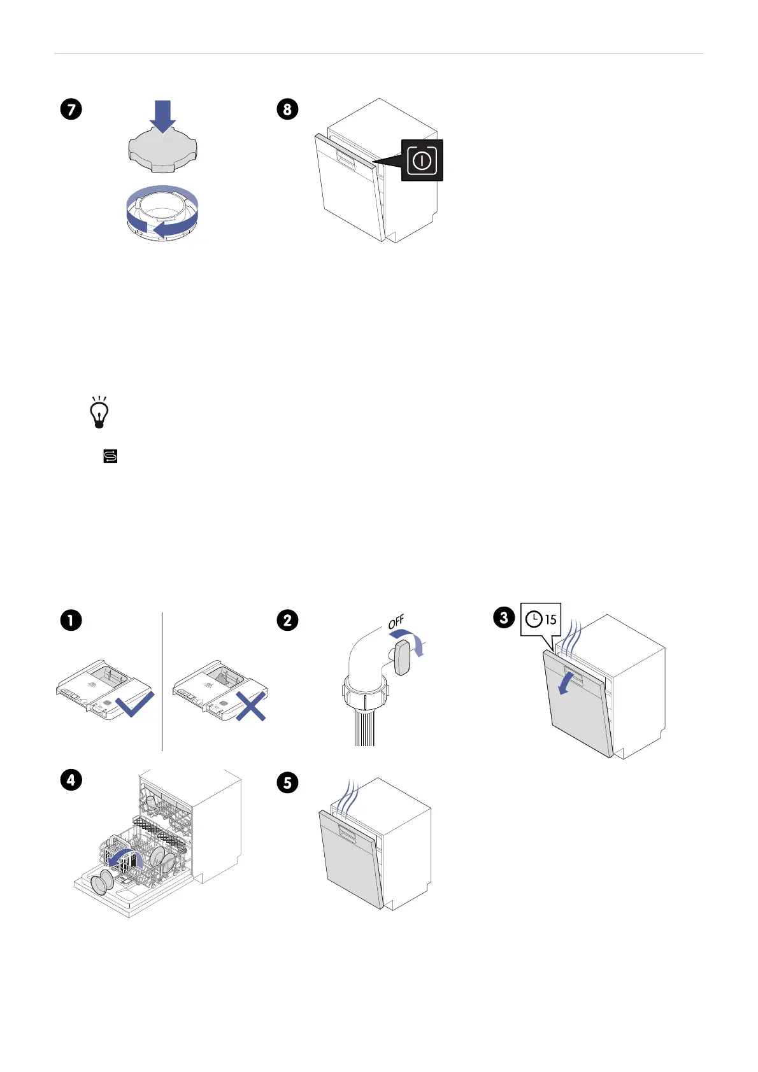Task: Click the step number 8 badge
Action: tap(287, 109)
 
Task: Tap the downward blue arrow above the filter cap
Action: tap(163, 116)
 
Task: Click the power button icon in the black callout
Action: tap(422, 160)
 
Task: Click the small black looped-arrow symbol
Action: tap(110, 456)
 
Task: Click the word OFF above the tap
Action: tap(396, 622)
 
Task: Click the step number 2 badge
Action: tap(287, 620)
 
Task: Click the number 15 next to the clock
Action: tap(550, 619)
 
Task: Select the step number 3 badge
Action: tap(504, 617)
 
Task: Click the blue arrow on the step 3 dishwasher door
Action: tap(565, 684)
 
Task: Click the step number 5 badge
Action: tap(287, 783)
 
